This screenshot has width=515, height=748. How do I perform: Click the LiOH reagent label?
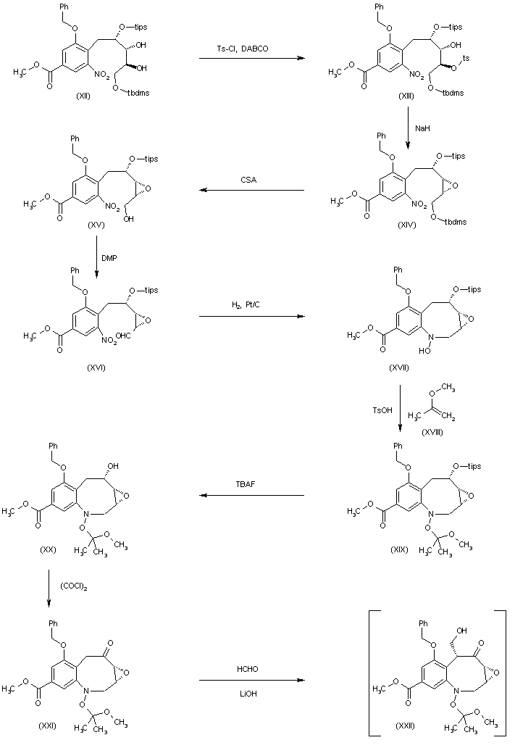(x=251, y=692)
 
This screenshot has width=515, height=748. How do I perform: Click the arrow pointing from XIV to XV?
(x=251, y=191)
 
